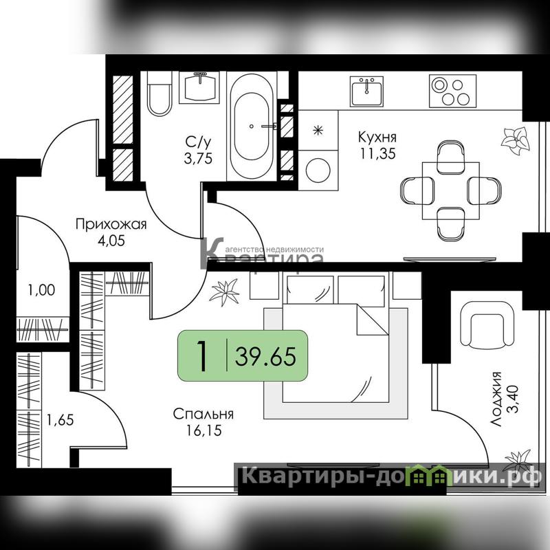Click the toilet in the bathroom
(159, 93)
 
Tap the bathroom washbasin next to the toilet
(199, 87)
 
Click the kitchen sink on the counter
(366, 91)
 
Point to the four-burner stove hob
(452, 91)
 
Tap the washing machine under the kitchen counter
(318, 170)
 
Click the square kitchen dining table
(451, 190)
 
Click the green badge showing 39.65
(243, 355)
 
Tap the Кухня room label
(377, 136)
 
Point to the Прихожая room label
(111, 225)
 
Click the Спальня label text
(203, 414)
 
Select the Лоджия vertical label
(496, 399)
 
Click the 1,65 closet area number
(60, 420)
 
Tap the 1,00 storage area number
(41, 290)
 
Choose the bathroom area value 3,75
(198, 159)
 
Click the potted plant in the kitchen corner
(515, 141)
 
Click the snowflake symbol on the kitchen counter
(318, 131)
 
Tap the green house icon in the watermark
(426, 475)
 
